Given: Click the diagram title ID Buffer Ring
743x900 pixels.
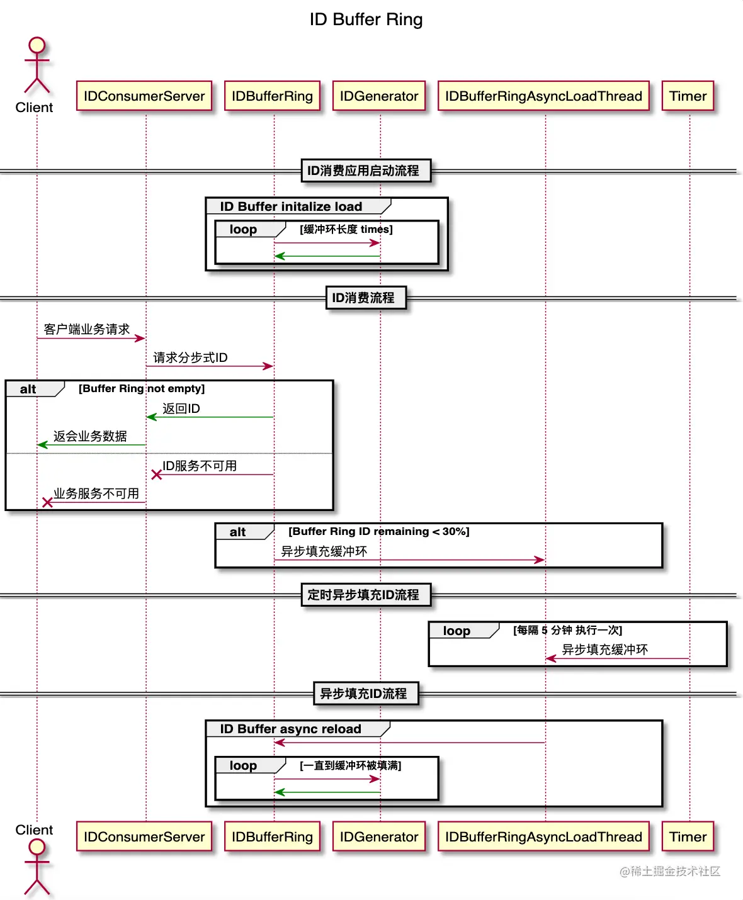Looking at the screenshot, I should pos(366,20).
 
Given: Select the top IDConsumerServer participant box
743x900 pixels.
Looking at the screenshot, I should pos(144,96).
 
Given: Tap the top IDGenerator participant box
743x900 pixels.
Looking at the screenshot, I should pos(379,96).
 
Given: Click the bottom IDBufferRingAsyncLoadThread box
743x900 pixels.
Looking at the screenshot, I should pos(543,837).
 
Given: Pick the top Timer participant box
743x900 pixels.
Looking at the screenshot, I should pos(688,96).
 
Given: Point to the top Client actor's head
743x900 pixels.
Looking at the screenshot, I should pos(37,45).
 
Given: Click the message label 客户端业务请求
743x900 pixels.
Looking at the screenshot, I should pos(87,329).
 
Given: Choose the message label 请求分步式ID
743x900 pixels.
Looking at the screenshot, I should pos(190,357).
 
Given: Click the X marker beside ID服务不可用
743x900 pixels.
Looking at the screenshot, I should pos(157,475).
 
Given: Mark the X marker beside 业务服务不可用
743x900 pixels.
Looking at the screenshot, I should pos(47,502).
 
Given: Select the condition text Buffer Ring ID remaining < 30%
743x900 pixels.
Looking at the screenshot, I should pos(379,532).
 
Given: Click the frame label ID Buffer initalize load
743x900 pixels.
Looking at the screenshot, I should pos(291,206).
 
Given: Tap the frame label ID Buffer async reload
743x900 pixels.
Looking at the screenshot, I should pos(290,729).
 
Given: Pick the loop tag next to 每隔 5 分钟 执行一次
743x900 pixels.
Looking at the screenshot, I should pos(457,631).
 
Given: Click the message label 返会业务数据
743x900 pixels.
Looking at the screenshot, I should pos(90,436).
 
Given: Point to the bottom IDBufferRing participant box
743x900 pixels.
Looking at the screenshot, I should pos(272,837).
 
